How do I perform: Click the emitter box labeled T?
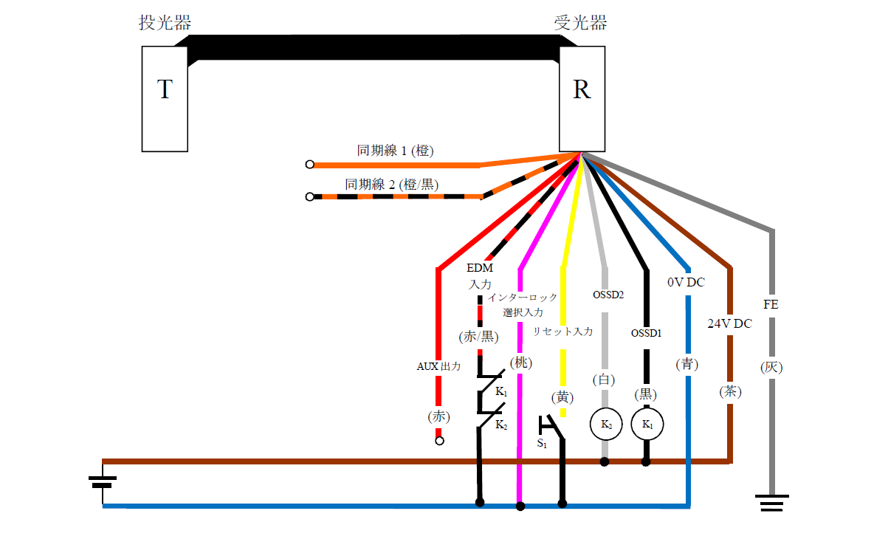pos(165,98)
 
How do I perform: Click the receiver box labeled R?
pos(582,98)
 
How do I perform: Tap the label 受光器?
pos(581,23)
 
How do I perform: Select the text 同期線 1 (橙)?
pos(395,151)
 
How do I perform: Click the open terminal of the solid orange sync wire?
pos(310,165)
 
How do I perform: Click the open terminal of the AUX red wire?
pos(439,441)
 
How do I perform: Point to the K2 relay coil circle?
pos(605,425)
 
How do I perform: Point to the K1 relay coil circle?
pos(647,425)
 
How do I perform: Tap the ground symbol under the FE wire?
pos(772,503)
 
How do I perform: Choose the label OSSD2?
pos(608,295)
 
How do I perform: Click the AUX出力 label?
pos(438,366)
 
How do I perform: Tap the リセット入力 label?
pos(562,332)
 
